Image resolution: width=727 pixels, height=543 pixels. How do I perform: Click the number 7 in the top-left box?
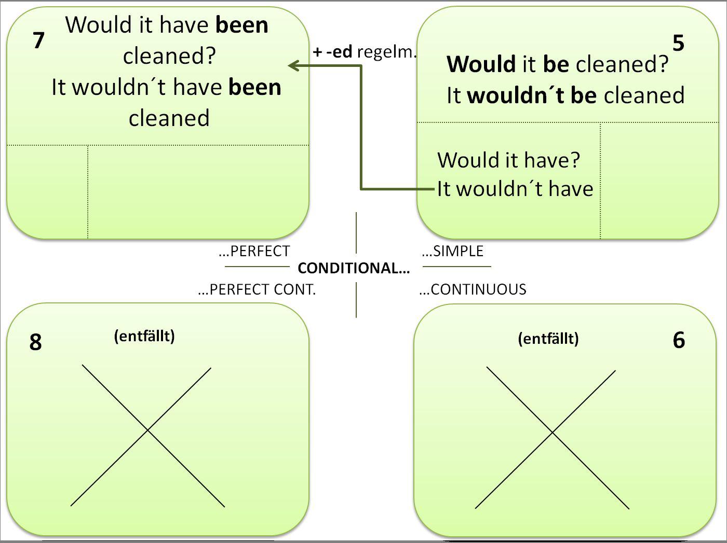[38, 40]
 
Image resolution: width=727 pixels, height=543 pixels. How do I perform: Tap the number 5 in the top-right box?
[678, 43]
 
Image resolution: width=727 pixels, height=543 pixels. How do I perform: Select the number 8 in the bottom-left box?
[35, 342]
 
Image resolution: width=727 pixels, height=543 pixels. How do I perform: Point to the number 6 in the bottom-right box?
[679, 340]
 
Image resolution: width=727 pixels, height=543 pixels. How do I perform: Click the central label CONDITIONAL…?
[354, 268]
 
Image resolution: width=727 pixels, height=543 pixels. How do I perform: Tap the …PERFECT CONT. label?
[257, 289]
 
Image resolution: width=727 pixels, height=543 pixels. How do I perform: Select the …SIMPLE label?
[453, 251]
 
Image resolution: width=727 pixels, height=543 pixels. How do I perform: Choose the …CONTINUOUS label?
[473, 289]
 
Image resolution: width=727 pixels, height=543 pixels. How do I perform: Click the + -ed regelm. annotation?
[365, 52]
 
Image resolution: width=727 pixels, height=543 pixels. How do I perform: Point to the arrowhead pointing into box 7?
[294, 65]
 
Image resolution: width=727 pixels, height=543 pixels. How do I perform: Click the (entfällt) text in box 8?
[144, 336]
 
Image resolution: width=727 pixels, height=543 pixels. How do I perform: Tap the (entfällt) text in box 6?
[548, 339]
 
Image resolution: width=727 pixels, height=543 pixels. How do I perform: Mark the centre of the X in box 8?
[147, 430]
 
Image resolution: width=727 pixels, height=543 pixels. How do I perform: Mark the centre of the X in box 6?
[552, 432]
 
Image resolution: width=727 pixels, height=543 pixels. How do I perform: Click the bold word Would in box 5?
[481, 64]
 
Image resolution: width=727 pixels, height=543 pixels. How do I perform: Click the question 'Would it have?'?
[508, 160]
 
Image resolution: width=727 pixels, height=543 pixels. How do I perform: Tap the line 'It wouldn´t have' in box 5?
[515, 189]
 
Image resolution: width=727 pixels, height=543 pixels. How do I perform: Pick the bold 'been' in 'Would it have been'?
[242, 25]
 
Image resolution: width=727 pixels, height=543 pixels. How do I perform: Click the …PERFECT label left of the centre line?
[254, 251]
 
